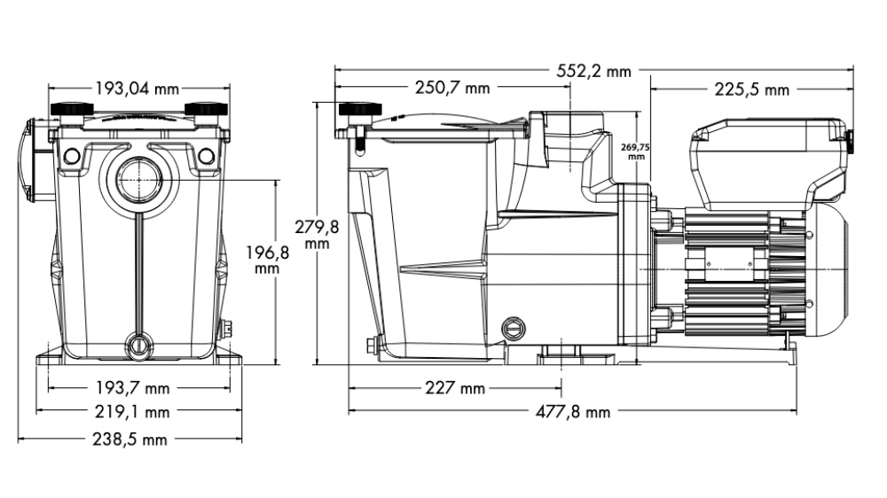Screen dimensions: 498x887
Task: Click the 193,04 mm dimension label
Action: (137, 88)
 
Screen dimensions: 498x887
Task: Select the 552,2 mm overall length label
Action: (593, 71)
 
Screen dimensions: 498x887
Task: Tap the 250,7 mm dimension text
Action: (451, 88)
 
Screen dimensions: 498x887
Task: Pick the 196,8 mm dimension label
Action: (267, 260)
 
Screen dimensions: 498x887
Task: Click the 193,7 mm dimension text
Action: (137, 388)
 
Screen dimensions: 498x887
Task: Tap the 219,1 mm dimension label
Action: (137, 412)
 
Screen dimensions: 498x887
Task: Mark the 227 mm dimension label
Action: (455, 388)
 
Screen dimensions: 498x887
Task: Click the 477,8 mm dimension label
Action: (573, 412)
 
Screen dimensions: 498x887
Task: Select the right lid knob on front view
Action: (205, 110)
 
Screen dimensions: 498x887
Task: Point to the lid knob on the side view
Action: (359, 113)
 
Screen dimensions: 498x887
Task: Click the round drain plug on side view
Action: (512, 328)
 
